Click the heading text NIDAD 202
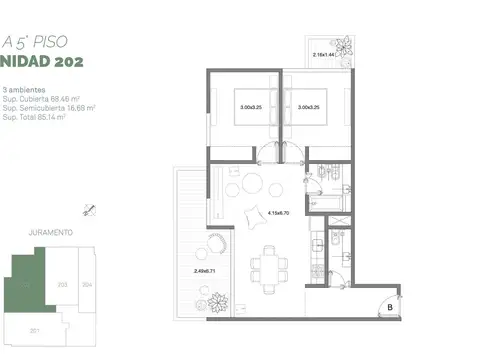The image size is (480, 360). tap(42, 60)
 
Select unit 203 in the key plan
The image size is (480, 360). tap(64, 284)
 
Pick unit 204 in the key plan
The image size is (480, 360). tap(87, 284)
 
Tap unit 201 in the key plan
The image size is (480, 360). tap(35, 330)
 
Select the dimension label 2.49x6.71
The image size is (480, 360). tap(206, 270)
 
